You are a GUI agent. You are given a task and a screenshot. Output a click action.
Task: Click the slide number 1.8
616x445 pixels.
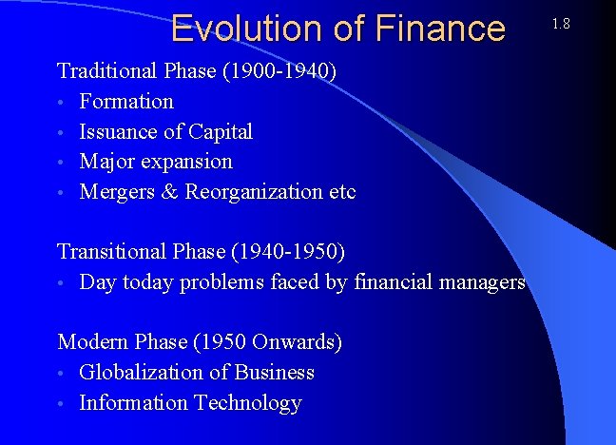pos(560,23)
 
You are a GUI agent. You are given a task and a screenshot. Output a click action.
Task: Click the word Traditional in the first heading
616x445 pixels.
pos(106,70)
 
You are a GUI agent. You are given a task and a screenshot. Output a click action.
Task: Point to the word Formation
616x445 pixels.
pos(126,101)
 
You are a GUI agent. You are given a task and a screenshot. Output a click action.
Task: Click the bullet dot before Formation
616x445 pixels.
pos(62,103)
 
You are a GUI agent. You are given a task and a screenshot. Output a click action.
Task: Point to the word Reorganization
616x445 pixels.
pos(254,192)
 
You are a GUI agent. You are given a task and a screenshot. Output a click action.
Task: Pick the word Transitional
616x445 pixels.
pos(110,252)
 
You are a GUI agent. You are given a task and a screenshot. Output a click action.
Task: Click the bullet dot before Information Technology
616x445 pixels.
pos(62,404)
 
